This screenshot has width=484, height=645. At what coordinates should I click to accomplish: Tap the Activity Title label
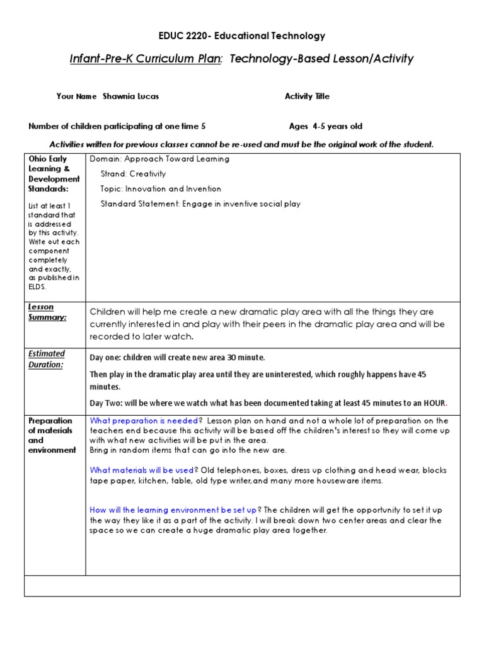[307, 96]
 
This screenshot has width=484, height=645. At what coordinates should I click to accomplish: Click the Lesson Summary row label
[42, 312]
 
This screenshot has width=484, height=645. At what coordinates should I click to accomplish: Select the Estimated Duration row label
[45, 359]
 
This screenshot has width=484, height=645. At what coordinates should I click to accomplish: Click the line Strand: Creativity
[133, 174]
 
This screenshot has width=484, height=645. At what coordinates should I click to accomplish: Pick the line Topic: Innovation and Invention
[161, 188]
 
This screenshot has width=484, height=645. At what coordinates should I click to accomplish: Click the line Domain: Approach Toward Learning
[159, 159]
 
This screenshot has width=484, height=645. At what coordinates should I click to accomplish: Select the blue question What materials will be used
[141, 470]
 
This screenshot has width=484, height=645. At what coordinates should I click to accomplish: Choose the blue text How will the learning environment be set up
[173, 510]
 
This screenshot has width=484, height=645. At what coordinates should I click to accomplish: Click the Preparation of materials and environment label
[51, 435]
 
